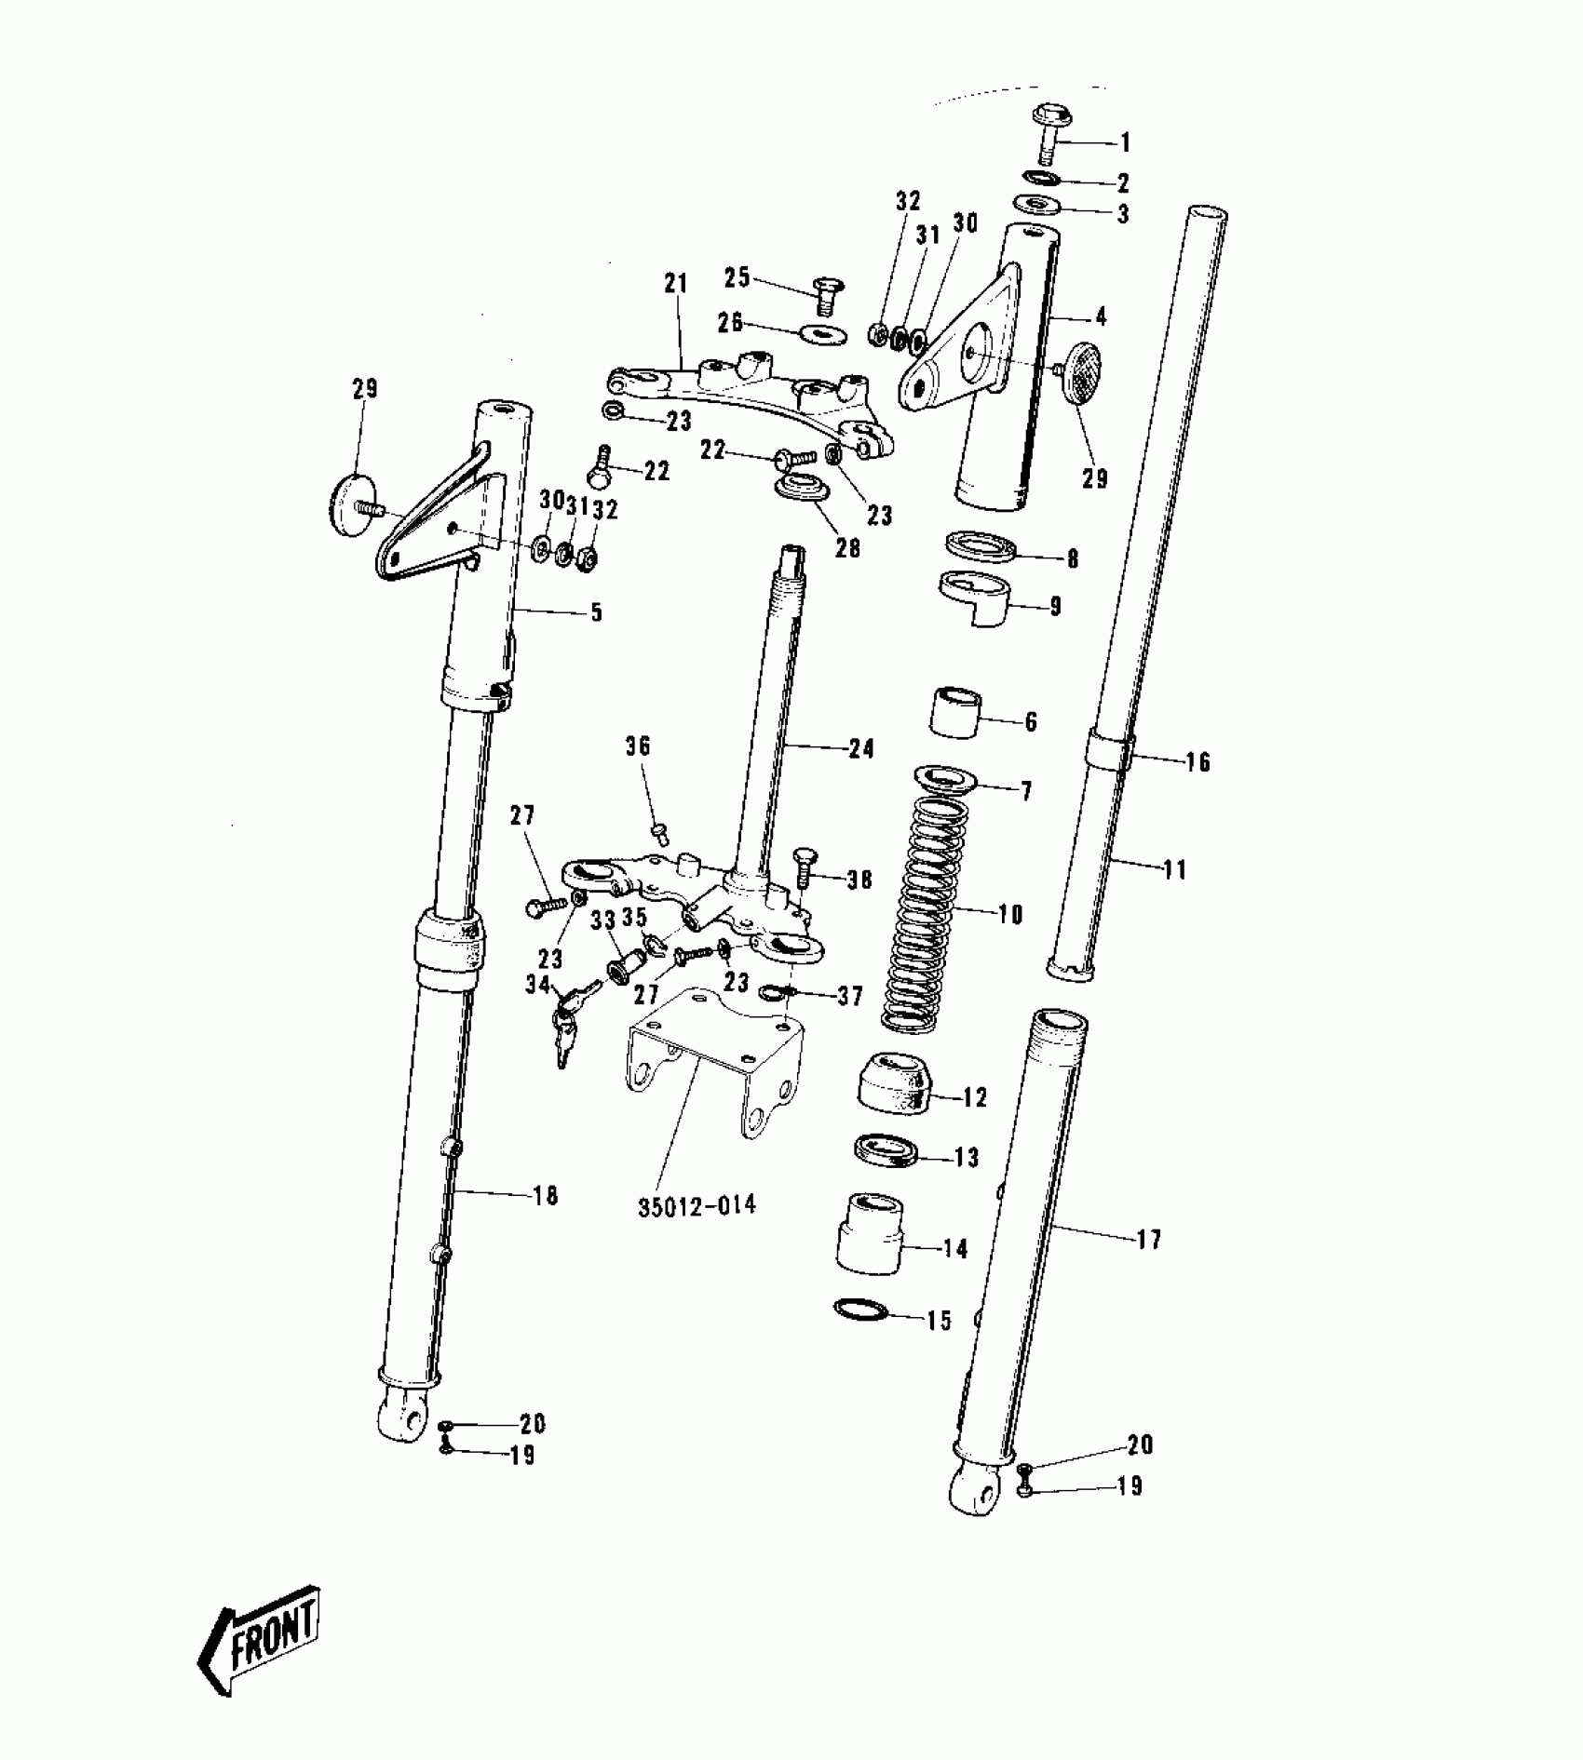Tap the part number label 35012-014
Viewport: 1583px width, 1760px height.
[x=697, y=1206]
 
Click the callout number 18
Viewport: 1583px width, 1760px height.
[x=546, y=1195]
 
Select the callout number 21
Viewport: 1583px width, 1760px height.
[x=675, y=284]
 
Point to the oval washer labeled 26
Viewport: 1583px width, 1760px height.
[x=821, y=332]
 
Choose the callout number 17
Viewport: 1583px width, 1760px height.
[x=1149, y=1240]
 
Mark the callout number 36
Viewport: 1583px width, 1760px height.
[x=638, y=746]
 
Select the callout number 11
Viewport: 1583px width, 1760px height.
[x=1175, y=870]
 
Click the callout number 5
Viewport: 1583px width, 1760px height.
[x=596, y=612]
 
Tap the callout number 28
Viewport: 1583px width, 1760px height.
[x=847, y=548]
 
